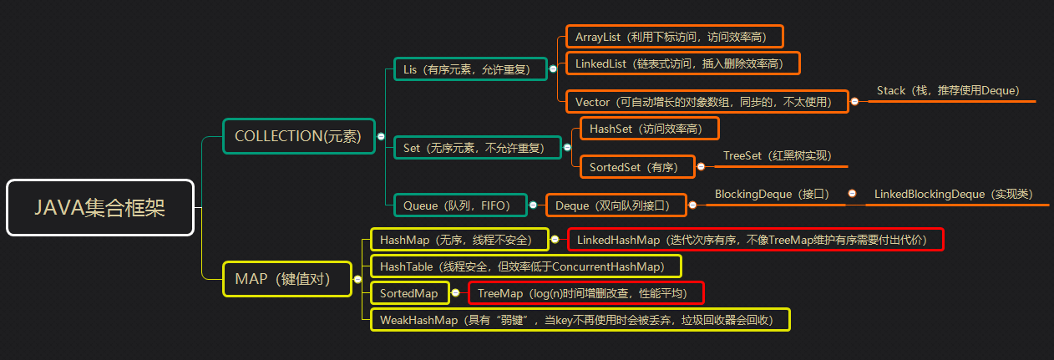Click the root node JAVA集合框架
pos(100,208)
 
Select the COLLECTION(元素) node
pos(298,136)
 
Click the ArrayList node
pos(674,37)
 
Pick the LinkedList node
pos(682,63)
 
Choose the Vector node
pos(707,102)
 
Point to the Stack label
pos(948,90)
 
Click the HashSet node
pos(648,129)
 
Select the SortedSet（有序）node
pos(636,167)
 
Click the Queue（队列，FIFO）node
pos(459,205)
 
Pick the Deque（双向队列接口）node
pos(615,205)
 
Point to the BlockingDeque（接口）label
pos(772,194)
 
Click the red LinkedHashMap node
pos(756,240)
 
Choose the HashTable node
pos(525,266)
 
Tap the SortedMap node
pos(408,293)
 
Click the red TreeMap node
pos(585,293)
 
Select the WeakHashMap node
pos(580,320)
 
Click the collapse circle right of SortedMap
pos(455,293)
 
